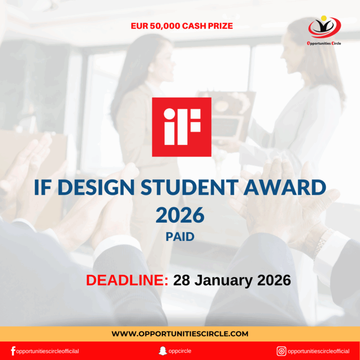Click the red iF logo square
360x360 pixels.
pos(181,127)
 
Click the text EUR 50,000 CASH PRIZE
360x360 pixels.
pos(182,26)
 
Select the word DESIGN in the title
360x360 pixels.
pos(97,188)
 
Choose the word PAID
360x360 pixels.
pos(180,237)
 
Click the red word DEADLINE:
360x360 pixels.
pos(127,280)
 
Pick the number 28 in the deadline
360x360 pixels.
pos(183,280)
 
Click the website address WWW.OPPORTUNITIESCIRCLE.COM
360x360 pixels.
pos(180,334)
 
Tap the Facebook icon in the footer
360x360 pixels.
pos(13,351)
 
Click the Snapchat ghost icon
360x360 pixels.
pos(163,351)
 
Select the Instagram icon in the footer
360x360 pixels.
pos(281,351)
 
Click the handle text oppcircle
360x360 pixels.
pos(180,351)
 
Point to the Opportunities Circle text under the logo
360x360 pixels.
pos(324,43)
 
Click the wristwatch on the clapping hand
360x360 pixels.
pos(323,241)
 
